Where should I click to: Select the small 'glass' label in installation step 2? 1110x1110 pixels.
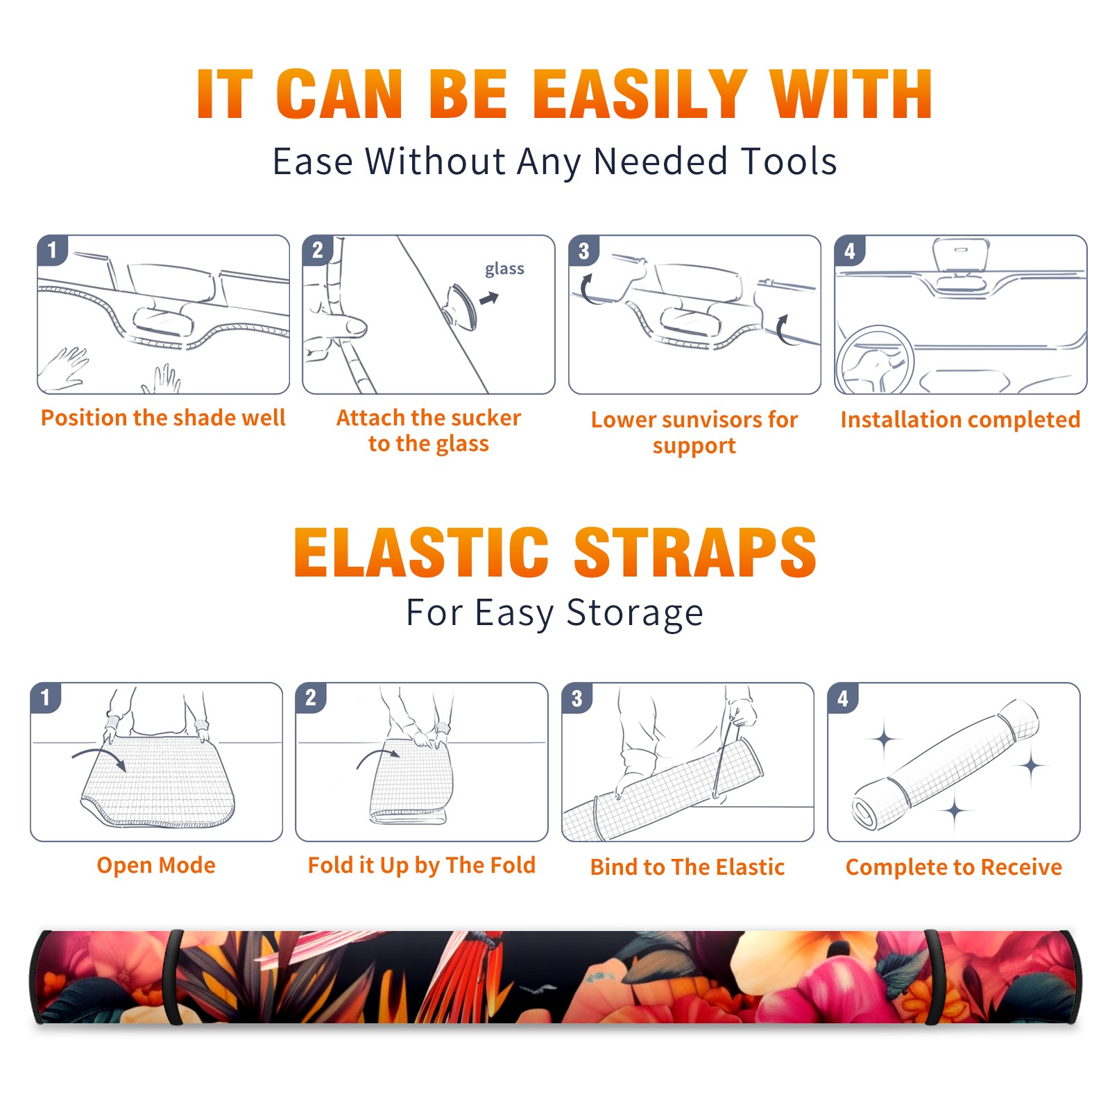click(504, 269)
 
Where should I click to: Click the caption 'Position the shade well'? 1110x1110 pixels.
click(163, 418)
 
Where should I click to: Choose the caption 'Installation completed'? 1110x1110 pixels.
click(960, 420)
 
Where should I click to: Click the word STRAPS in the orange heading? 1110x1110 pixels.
click(695, 552)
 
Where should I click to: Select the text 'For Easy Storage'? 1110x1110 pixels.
click(554, 613)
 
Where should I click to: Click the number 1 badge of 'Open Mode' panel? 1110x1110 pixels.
click(46, 697)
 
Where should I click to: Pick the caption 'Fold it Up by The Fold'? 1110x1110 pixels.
click(422, 865)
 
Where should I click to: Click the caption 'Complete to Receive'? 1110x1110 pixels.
click(954, 866)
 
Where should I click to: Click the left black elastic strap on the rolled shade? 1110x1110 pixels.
click(174, 977)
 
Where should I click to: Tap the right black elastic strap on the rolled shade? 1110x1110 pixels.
click(932, 977)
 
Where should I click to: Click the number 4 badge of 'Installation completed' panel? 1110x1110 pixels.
click(850, 250)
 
